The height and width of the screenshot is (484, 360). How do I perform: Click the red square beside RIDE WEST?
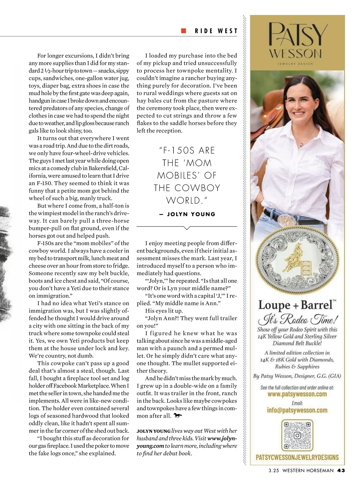pos(184,31)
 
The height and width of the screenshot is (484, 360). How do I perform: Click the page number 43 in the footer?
pos(341,470)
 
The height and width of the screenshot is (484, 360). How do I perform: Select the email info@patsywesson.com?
pos(297,410)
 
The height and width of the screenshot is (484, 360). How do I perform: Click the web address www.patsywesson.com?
pos(297,394)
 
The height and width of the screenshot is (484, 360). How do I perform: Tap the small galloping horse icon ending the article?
pos(178,416)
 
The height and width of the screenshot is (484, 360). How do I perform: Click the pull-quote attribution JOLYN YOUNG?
pos(191,214)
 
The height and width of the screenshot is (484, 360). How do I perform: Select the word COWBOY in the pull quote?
pos(197,188)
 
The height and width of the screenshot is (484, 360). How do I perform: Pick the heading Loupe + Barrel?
pos(296,305)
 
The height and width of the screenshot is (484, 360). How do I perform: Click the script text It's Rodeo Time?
pos(297,320)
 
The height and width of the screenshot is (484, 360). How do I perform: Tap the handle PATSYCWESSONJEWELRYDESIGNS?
pos(297,458)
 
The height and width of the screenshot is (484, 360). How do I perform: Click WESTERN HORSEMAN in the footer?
pos(308,470)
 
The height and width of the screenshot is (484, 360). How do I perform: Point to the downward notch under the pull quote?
pos(187,228)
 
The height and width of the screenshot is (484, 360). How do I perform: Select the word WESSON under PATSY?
pos(295,54)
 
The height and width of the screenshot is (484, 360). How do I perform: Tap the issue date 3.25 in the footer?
pos(274,470)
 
